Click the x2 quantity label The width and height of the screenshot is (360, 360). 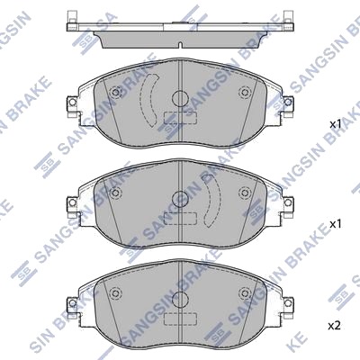335,326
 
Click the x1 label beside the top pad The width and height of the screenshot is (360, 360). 336,124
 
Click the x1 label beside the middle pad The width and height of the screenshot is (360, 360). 336,224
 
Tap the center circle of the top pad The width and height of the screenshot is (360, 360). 180,98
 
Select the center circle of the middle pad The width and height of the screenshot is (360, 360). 180,199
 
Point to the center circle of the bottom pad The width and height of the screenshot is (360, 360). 180,299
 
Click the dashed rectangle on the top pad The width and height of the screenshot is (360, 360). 180,118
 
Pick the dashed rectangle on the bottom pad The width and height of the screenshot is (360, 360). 180,318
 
